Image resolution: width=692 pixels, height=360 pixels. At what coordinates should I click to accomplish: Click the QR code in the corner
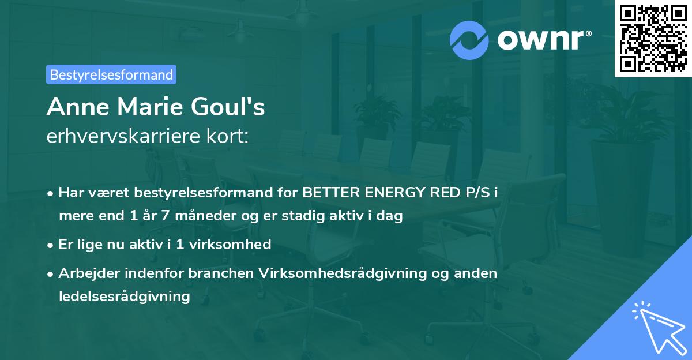coord(653,39)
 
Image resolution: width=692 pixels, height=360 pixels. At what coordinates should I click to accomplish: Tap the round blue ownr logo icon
coord(469,40)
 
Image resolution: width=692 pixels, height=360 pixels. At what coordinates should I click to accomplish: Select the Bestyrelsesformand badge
coord(111,74)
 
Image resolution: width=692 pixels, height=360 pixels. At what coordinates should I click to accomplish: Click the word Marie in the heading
coord(150,107)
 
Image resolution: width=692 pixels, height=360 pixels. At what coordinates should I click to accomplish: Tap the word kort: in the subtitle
coord(228,137)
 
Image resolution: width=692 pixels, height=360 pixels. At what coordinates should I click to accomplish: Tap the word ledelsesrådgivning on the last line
coord(124,297)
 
